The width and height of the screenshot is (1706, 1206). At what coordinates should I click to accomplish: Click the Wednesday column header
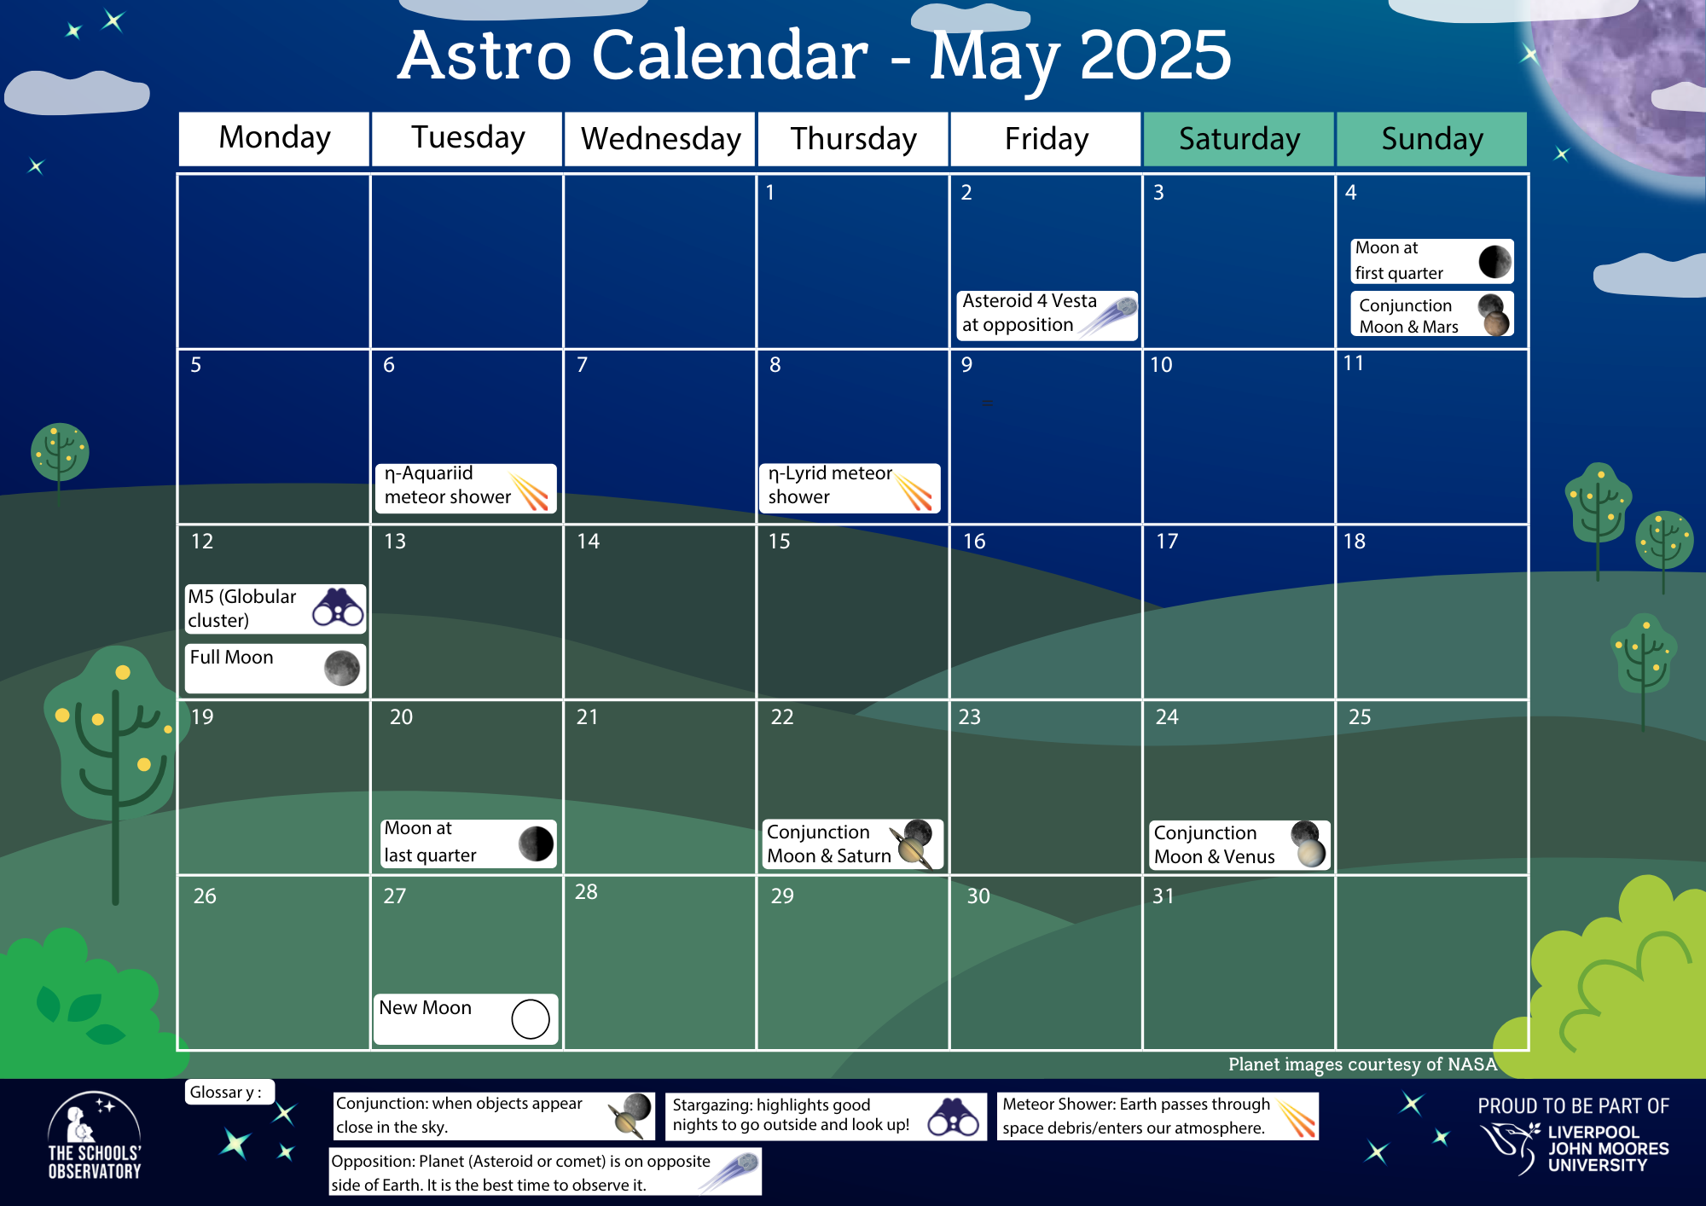tap(659, 139)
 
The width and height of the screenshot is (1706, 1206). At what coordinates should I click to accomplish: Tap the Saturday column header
tap(1239, 139)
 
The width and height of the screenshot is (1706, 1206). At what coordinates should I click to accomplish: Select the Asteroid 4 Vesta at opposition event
tap(1047, 315)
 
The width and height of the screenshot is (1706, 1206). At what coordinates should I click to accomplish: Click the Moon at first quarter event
tap(1432, 261)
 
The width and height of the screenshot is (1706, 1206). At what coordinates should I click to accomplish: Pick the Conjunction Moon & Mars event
tap(1432, 314)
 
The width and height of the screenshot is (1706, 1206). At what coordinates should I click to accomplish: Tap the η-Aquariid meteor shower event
tap(466, 488)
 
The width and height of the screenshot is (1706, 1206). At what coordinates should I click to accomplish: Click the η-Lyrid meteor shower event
tap(850, 488)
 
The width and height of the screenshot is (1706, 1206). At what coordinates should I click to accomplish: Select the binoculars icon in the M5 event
tap(339, 608)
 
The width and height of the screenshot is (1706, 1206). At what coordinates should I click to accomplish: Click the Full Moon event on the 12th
tap(276, 668)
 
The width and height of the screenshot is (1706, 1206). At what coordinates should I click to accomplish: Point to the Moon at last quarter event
tap(468, 844)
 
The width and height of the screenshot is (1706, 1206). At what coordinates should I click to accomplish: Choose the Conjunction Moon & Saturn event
tap(853, 844)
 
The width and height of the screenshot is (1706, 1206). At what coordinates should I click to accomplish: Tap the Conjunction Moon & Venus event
tap(1239, 845)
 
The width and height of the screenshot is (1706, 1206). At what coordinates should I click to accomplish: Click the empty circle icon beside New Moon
tap(531, 1019)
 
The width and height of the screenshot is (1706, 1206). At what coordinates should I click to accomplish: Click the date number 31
tap(1163, 896)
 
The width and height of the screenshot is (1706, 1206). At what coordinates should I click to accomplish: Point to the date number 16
tap(974, 542)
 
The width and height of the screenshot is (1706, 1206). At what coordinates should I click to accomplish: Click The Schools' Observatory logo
tap(95, 1136)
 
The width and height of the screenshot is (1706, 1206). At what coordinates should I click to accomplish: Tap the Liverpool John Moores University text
tap(1608, 1148)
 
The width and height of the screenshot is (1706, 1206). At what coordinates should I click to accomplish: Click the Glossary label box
tap(229, 1093)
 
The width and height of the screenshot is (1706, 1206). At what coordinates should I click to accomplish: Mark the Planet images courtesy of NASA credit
tap(1362, 1064)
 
